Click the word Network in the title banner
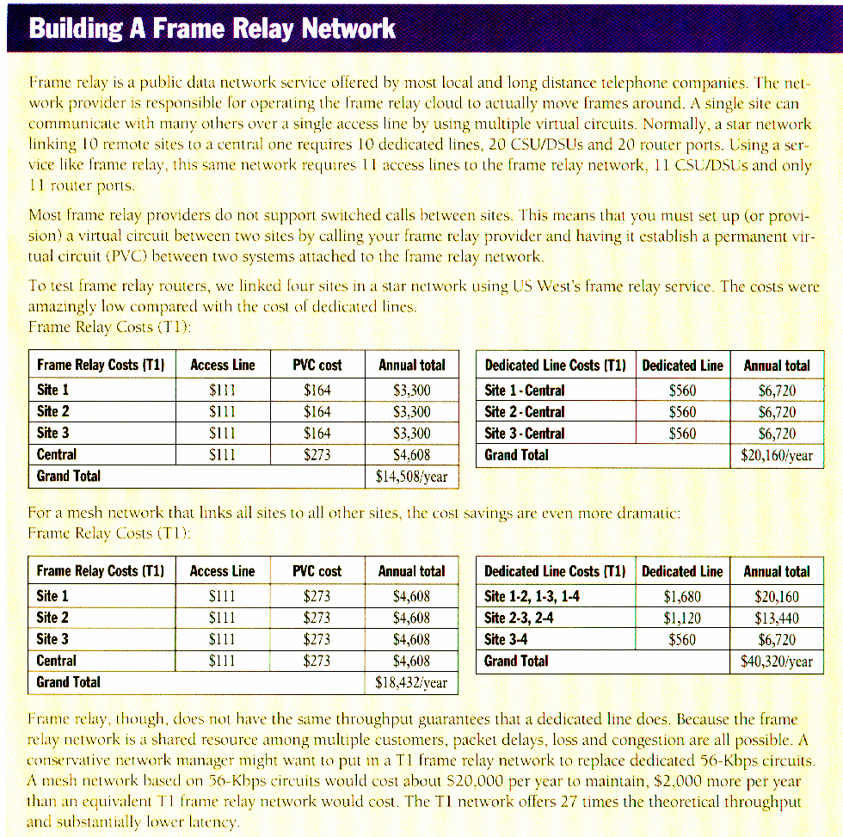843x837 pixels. click(348, 28)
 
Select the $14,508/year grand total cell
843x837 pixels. click(411, 477)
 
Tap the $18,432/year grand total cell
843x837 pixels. click(411, 682)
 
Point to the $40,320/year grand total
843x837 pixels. click(776, 662)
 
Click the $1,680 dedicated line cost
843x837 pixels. click(682, 596)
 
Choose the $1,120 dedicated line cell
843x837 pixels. click(682, 618)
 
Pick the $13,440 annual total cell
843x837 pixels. click(777, 618)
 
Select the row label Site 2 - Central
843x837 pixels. click(525, 412)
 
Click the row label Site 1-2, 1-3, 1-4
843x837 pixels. click(532, 596)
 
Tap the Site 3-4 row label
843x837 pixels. click(507, 639)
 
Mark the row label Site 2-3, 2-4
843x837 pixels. click(519, 618)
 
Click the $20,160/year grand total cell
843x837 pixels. click(776, 455)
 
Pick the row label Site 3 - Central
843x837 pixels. click(525, 434)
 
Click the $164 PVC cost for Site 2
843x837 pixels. click(317, 412)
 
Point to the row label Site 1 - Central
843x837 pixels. click(525, 391)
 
